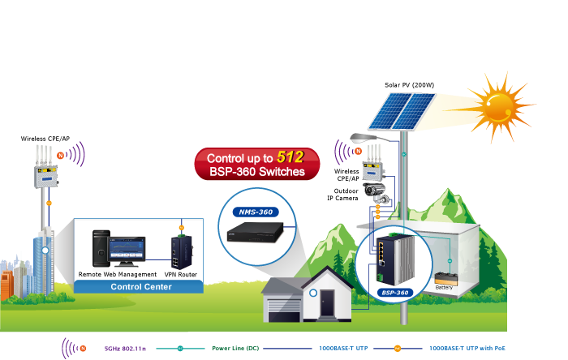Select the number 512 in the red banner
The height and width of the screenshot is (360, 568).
pyautogui.click(x=290, y=157)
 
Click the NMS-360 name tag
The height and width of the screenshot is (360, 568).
pyautogui.click(x=254, y=212)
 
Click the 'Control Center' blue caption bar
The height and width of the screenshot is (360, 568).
pyautogui.click(x=137, y=287)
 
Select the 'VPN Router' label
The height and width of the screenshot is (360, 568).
pyautogui.click(x=180, y=274)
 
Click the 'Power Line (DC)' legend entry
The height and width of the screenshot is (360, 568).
pyautogui.click(x=236, y=348)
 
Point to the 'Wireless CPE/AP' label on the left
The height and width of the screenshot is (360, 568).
pyautogui.click(x=41, y=139)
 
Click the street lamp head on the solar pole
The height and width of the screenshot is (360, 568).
pyautogui.click(x=359, y=139)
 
